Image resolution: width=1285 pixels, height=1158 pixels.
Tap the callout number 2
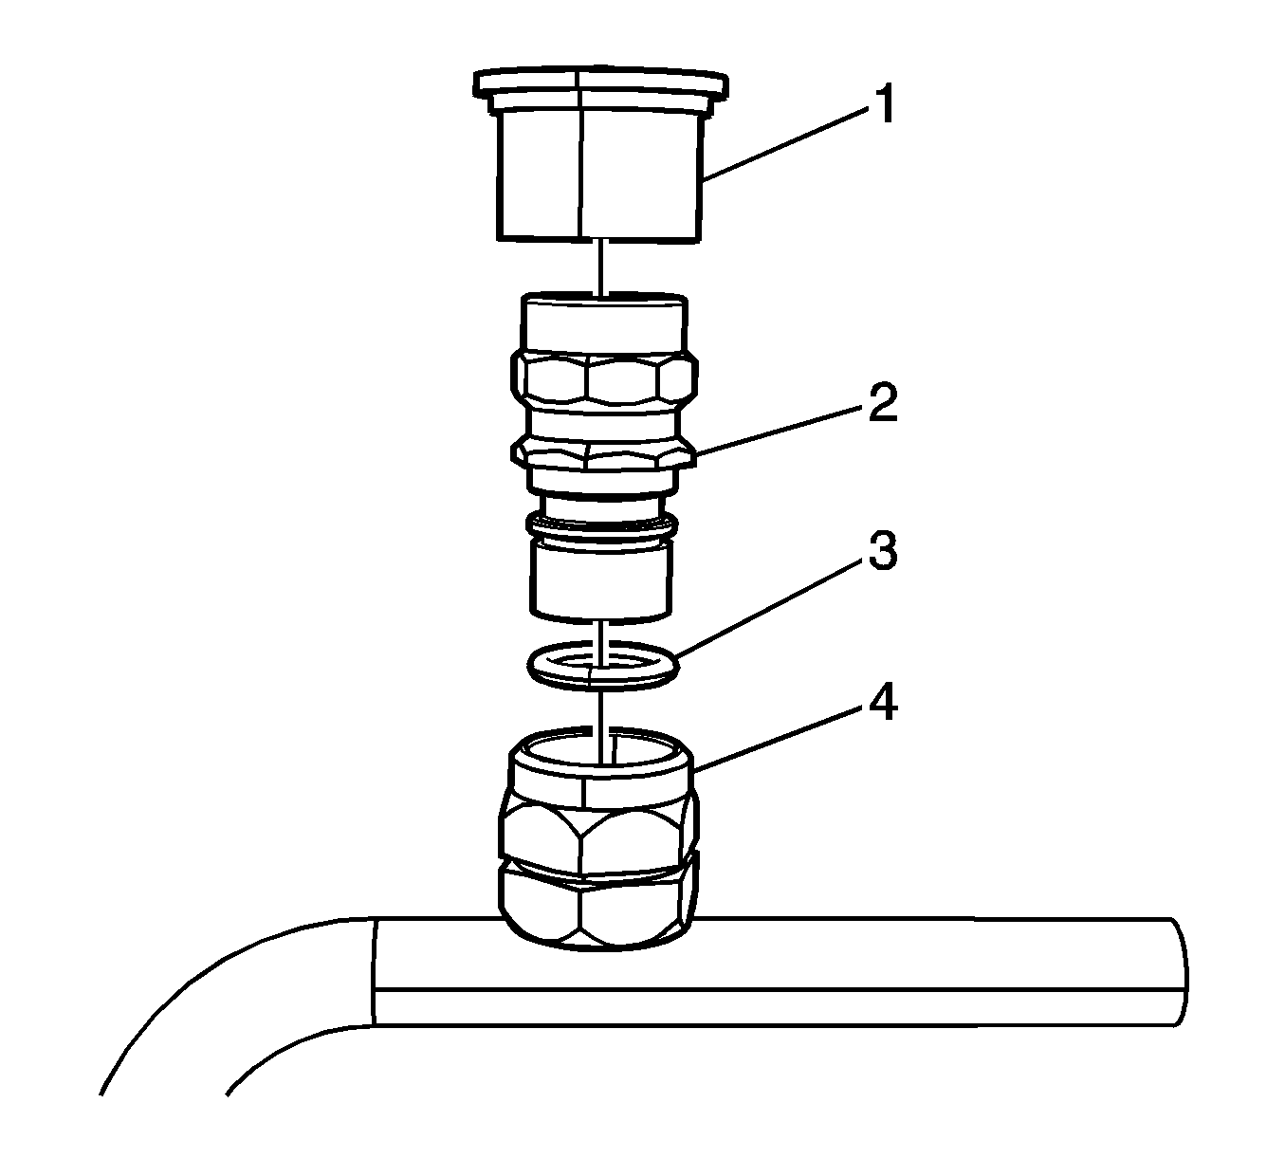[883, 403]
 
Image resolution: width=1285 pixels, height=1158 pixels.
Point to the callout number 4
[883, 701]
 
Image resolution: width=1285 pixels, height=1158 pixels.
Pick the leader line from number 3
[768, 610]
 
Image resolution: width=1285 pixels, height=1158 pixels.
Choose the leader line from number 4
[779, 738]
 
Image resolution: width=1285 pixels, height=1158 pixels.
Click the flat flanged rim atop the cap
[601, 84]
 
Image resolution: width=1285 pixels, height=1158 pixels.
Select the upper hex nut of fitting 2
[604, 383]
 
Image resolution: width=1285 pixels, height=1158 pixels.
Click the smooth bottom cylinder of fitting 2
[601, 580]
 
